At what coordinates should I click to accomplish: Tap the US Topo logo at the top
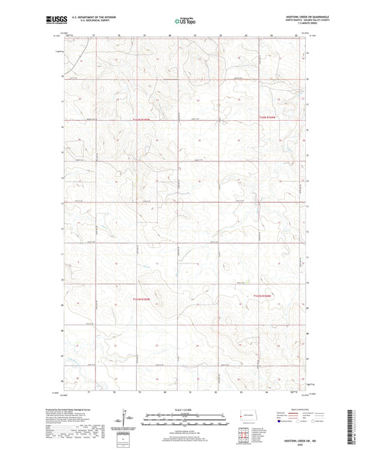pyautogui.click(x=182, y=21)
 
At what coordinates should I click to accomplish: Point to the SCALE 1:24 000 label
pyautogui.click(x=185, y=408)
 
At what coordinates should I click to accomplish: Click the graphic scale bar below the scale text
pyautogui.click(x=185, y=419)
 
